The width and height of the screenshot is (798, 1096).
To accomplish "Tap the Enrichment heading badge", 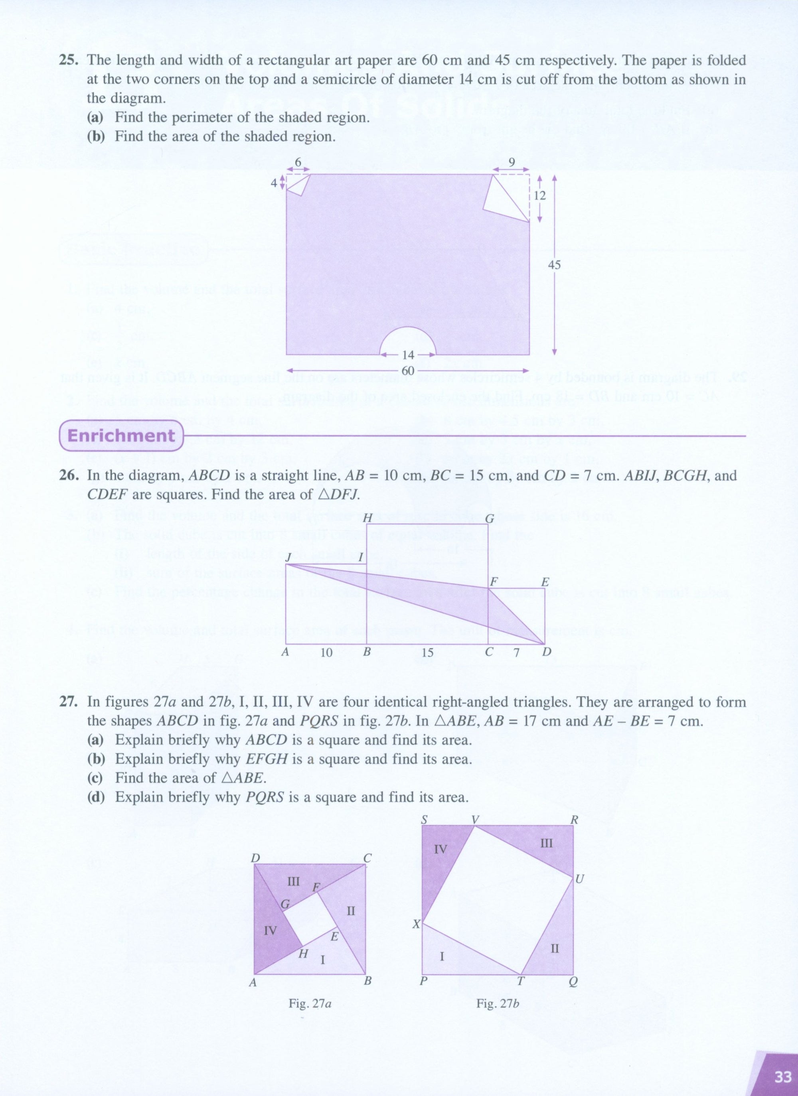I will coord(121,436).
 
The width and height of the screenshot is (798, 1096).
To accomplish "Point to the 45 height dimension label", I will coord(554,265).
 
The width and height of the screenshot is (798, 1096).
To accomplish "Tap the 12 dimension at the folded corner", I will coord(539,196).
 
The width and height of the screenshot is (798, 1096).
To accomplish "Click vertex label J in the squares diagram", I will coord(288,557).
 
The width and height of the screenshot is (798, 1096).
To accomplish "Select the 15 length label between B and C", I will coord(427,653).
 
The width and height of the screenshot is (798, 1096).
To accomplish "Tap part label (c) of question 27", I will coord(96,778).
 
